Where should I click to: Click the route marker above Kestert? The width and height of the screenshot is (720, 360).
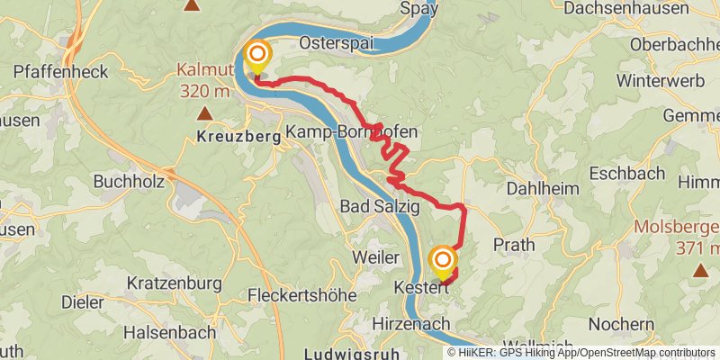pos(443,261)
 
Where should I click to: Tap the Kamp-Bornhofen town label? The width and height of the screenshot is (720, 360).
pos(351,132)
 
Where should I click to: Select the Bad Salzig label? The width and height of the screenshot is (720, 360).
pos(379,207)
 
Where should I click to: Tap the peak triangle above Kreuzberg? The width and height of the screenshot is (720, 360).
pos(206,113)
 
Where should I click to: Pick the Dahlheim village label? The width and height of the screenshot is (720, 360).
pos(540,189)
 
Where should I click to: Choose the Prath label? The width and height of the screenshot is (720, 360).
pos(514,244)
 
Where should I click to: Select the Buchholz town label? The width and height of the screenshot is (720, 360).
pos(129,182)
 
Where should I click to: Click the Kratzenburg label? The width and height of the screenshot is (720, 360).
pos(174,283)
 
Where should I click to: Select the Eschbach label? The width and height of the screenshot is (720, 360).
pos(627,173)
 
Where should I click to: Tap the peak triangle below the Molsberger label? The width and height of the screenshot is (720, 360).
pos(700,269)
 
